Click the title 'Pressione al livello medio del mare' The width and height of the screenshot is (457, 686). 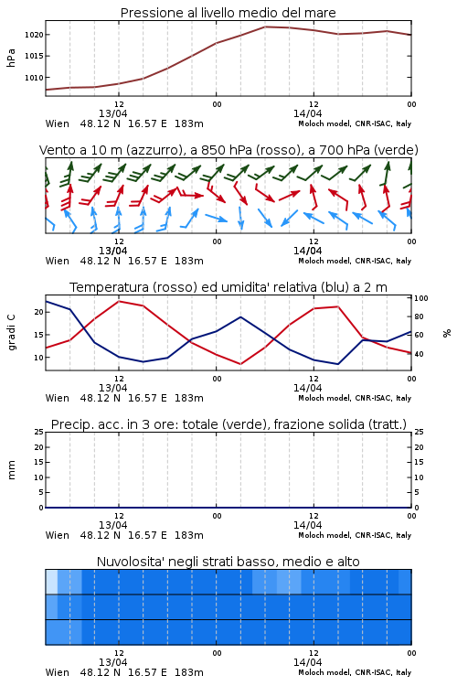point(228,13)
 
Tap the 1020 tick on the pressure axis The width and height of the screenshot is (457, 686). point(34,35)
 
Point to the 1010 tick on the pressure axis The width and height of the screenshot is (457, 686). point(34,78)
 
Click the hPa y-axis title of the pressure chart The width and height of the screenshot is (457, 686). point(11,58)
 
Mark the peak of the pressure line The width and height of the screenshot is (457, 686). point(265,27)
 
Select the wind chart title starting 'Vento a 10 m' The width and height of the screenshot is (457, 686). point(228,150)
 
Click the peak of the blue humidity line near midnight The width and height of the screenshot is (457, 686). point(240,316)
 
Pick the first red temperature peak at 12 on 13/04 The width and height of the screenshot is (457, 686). point(119,301)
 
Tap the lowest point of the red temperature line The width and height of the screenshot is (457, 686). point(240,364)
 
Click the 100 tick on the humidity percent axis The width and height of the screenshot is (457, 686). point(421,298)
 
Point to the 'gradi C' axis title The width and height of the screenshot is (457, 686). point(11,333)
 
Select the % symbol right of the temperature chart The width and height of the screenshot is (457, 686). point(447,333)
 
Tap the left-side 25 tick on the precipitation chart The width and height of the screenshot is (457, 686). point(39,432)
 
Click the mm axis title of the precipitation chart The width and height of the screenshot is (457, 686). point(11,470)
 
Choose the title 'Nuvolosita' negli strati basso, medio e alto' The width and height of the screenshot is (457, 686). point(228,562)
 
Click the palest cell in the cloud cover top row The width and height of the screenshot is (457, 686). point(51,582)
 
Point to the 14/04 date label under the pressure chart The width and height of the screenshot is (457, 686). point(307,113)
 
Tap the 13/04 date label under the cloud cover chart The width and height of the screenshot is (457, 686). point(112,662)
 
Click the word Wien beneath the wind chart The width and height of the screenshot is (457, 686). point(58,261)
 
